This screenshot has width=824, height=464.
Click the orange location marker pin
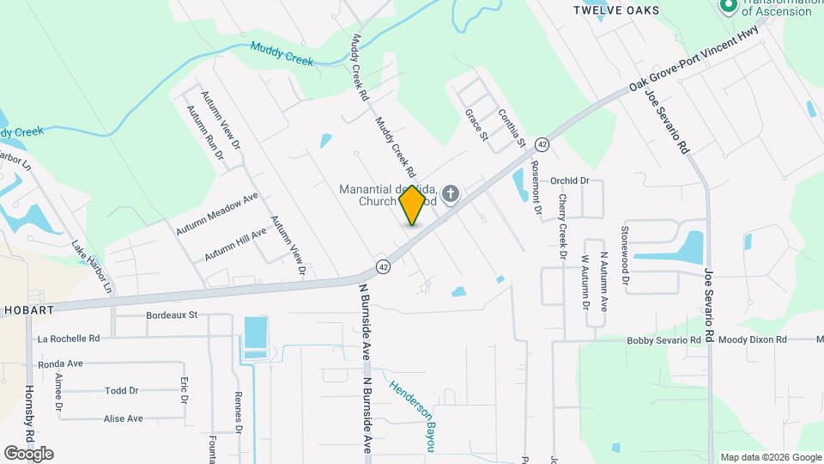(x=413, y=205)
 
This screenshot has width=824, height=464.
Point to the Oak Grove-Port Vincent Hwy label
(x=694, y=59)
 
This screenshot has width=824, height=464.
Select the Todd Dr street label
(x=122, y=390)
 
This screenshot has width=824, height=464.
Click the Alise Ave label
(x=123, y=418)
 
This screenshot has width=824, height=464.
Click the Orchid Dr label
(x=570, y=180)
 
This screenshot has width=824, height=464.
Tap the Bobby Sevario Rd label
(x=663, y=340)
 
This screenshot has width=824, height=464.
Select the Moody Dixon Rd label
(x=753, y=340)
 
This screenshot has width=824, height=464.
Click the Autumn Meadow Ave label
(x=217, y=215)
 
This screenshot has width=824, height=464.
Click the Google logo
(x=28, y=453)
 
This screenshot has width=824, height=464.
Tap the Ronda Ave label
(x=61, y=363)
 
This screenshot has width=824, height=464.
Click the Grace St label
(x=476, y=125)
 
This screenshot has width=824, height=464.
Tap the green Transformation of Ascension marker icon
(x=728, y=6)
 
